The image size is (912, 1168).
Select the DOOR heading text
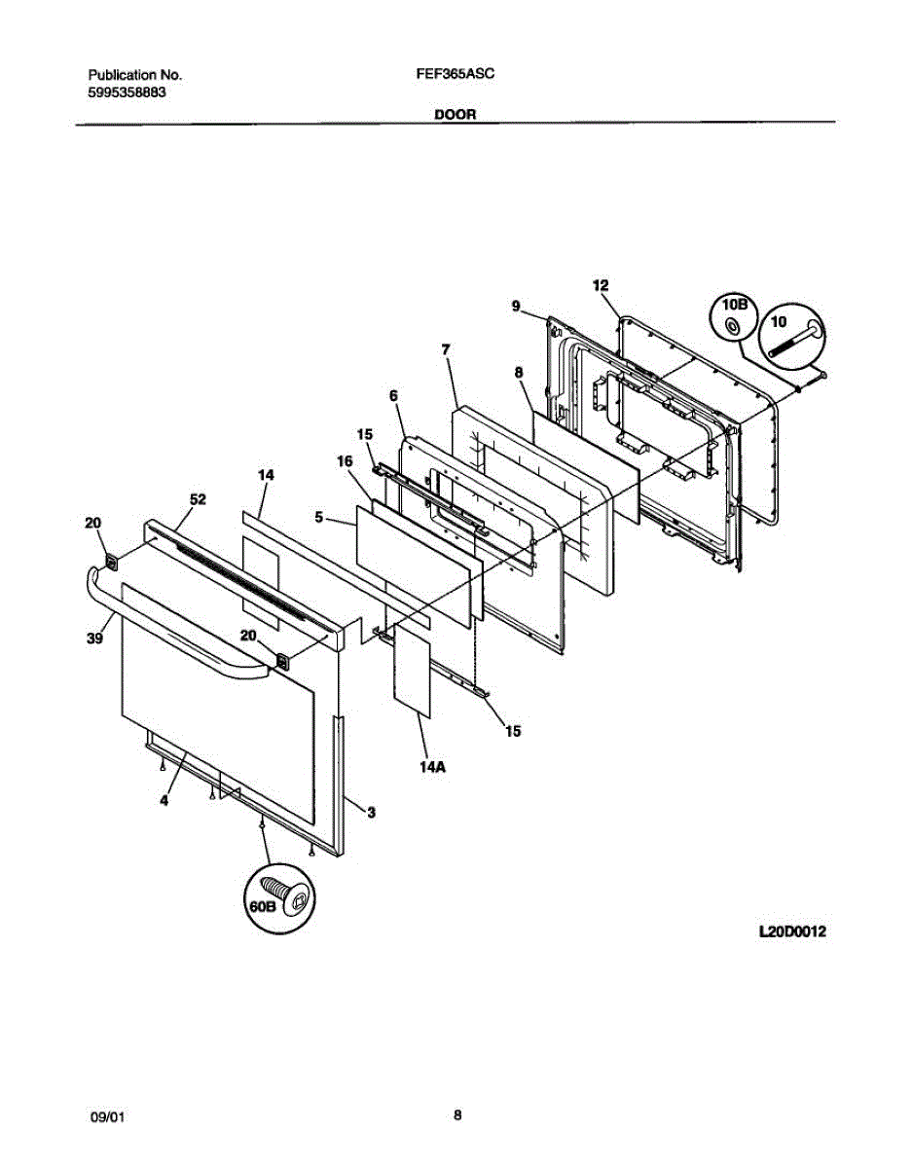pos(455,114)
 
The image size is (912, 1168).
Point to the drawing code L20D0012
pos(792,931)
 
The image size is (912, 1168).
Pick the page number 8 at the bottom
pos(456,1115)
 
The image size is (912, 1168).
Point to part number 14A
pos(432,767)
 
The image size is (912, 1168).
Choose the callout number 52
pos(198,499)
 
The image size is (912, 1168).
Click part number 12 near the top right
pos(600,284)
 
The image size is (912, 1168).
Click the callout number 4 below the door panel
pos(164,800)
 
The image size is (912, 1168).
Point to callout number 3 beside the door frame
pos(371,811)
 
